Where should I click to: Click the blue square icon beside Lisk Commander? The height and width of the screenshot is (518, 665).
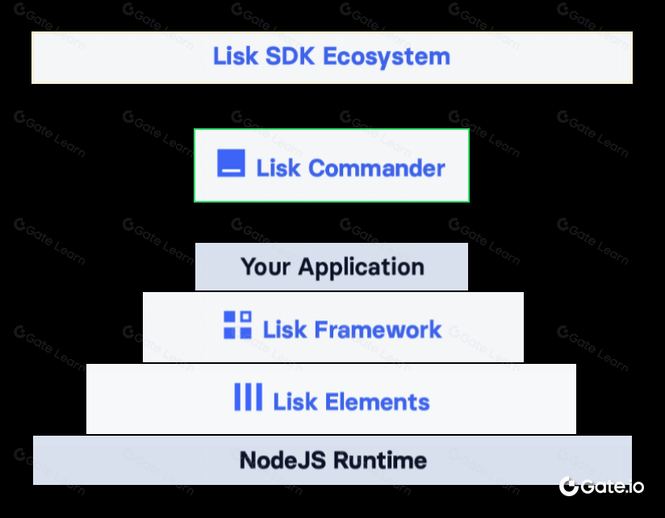(232, 163)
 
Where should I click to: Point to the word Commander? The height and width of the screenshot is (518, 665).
(376, 168)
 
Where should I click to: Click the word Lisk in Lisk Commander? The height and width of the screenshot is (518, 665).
(278, 168)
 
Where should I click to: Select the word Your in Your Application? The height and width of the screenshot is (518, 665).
(266, 266)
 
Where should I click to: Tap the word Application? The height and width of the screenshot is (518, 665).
(362, 266)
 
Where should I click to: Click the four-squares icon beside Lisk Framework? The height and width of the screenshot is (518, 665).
(237, 324)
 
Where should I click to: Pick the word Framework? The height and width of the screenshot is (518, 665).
(378, 329)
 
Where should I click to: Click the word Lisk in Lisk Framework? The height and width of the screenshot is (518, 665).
(284, 329)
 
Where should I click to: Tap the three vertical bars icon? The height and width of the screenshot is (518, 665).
(248, 397)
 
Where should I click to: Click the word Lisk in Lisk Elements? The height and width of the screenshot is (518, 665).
(295, 402)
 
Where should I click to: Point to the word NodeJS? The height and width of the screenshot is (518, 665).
(282, 461)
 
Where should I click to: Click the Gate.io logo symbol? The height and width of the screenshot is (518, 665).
(569, 486)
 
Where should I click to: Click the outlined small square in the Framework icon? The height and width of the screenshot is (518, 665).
(245, 317)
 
